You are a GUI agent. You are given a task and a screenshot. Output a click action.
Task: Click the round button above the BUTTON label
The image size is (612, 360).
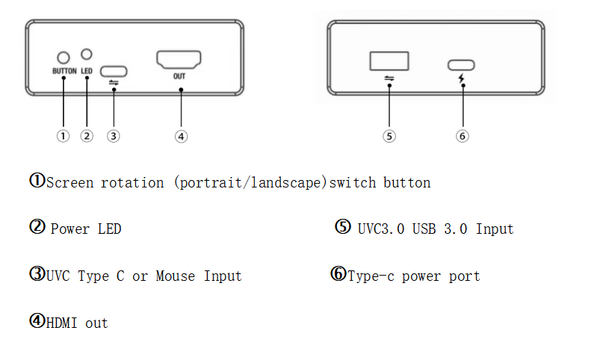pyautogui.click(x=64, y=58)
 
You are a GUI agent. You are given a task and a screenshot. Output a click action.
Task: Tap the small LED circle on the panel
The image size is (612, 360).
pyautogui.click(x=87, y=54)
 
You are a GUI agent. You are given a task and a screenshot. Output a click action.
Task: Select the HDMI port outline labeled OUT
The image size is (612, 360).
pyautogui.click(x=179, y=60)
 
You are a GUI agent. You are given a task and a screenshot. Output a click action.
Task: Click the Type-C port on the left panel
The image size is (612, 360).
pyautogui.click(x=114, y=72)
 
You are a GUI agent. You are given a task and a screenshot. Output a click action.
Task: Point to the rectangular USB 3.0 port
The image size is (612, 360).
pyautogui.click(x=389, y=60)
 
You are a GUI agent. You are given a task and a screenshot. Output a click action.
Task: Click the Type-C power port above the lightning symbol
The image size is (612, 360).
pyautogui.click(x=462, y=65)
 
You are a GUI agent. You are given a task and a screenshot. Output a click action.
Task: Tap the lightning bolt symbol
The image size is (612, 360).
pyautogui.click(x=462, y=78)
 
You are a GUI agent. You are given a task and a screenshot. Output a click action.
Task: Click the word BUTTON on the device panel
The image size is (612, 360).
pyautogui.click(x=64, y=72)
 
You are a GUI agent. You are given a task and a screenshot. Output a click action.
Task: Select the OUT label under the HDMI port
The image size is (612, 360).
pyautogui.click(x=179, y=76)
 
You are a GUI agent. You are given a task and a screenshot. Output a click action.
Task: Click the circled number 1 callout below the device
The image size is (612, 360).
pyautogui.click(x=64, y=136)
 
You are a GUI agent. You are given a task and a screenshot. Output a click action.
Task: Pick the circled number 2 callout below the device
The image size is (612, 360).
pyautogui.click(x=87, y=136)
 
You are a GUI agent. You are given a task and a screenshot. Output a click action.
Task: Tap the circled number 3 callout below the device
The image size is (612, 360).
pyautogui.click(x=113, y=136)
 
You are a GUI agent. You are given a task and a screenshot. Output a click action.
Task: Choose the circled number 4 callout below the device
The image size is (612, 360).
pyautogui.click(x=181, y=136)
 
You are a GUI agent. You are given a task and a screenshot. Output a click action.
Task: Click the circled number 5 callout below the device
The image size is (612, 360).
pyautogui.click(x=389, y=136)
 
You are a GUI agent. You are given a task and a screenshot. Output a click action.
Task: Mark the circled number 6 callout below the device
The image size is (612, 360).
pyautogui.click(x=463, y=136)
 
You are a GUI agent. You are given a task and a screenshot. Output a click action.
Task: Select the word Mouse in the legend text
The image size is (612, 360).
pyautogui.click(x=175, y=276)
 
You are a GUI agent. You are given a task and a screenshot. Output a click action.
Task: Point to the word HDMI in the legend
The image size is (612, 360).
pyautogui.click(x=63, y=323)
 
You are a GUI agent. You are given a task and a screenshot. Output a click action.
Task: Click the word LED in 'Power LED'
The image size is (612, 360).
pyautogui.click(x=109, y=229)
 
